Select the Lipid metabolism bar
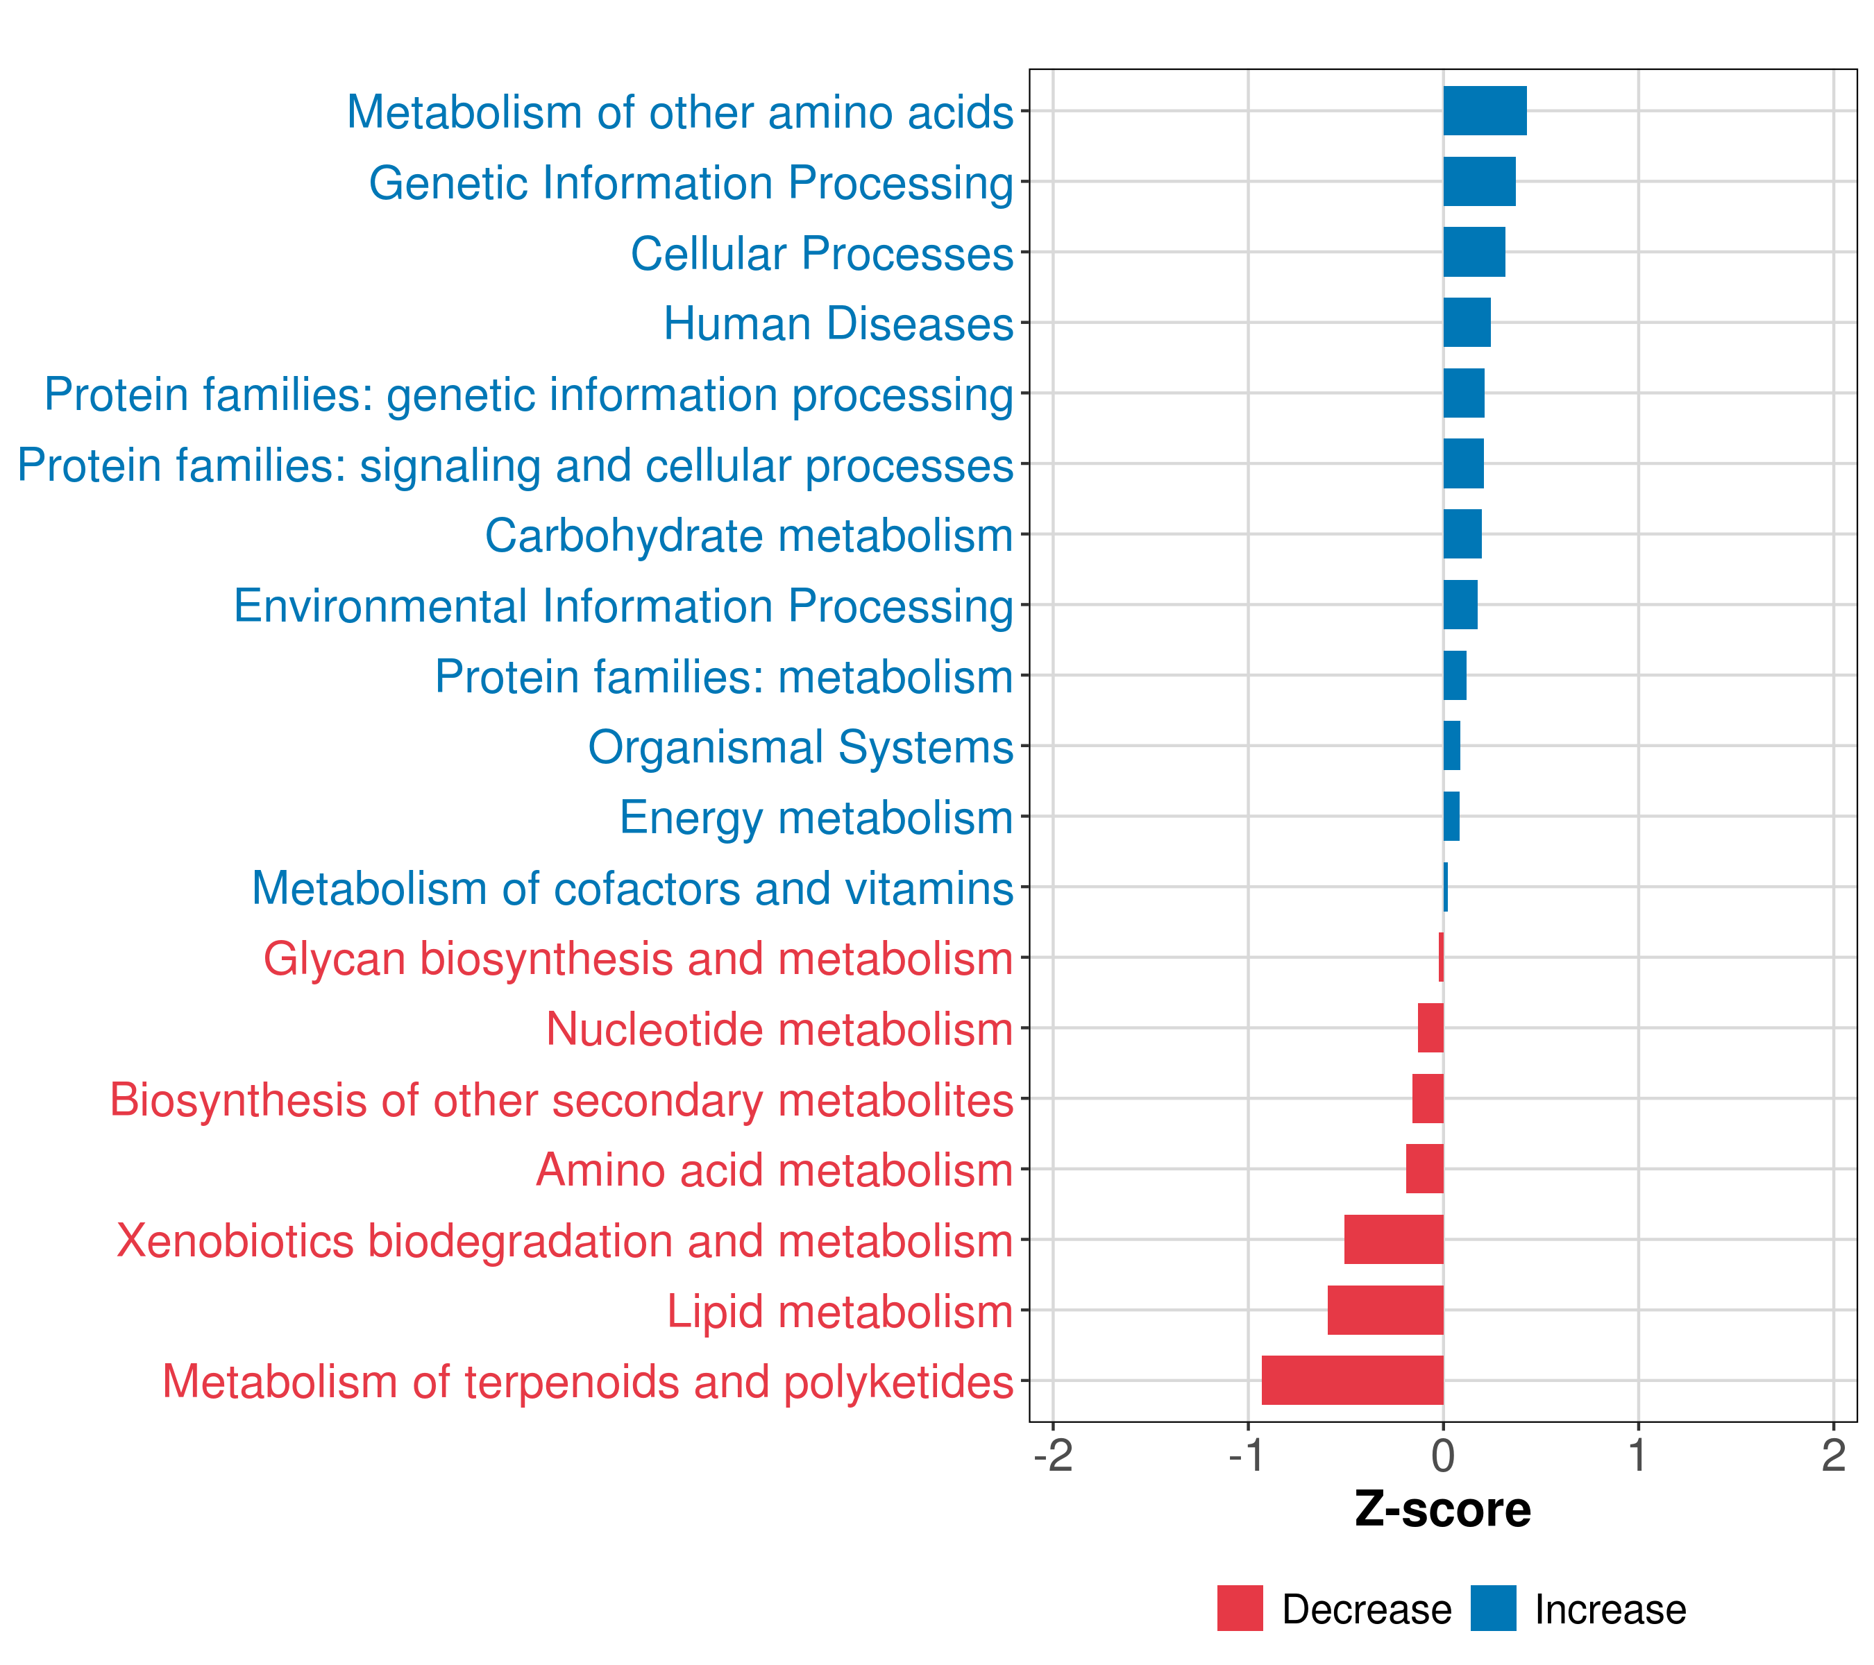[1385, 1310]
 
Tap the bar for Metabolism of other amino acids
[1485, 111]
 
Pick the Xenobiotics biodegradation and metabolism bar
[1394, 1239]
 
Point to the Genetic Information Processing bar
[1479, 182]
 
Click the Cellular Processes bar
[1474, 252]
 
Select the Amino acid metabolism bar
[1425, 1168]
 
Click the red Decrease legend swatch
[1240, 1608]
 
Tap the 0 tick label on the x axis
[1443, 1455]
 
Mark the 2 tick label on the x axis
[1833, 1455]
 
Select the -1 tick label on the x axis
[1248, 1455]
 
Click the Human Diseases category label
[838, 323]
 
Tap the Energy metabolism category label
[816, 817]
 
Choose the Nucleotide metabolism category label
[779, 1029]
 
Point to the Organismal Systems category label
[800, 746]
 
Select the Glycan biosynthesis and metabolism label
[638, 959]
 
